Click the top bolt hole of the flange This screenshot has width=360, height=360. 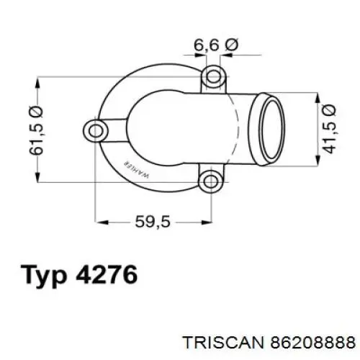(211, 76)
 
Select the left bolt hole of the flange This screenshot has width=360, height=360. (95, 130)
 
